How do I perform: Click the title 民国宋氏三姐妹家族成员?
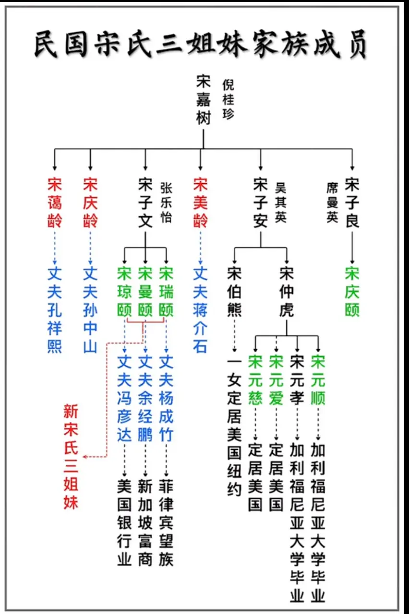[201, 45]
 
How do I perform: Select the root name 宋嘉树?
[204, 100]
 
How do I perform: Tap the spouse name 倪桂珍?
[228, 100]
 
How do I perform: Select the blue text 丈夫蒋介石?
[200, 310]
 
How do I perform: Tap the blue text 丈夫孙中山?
[90, 310]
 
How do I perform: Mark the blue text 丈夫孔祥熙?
[55, 310]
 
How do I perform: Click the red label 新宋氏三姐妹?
[71, 456]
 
